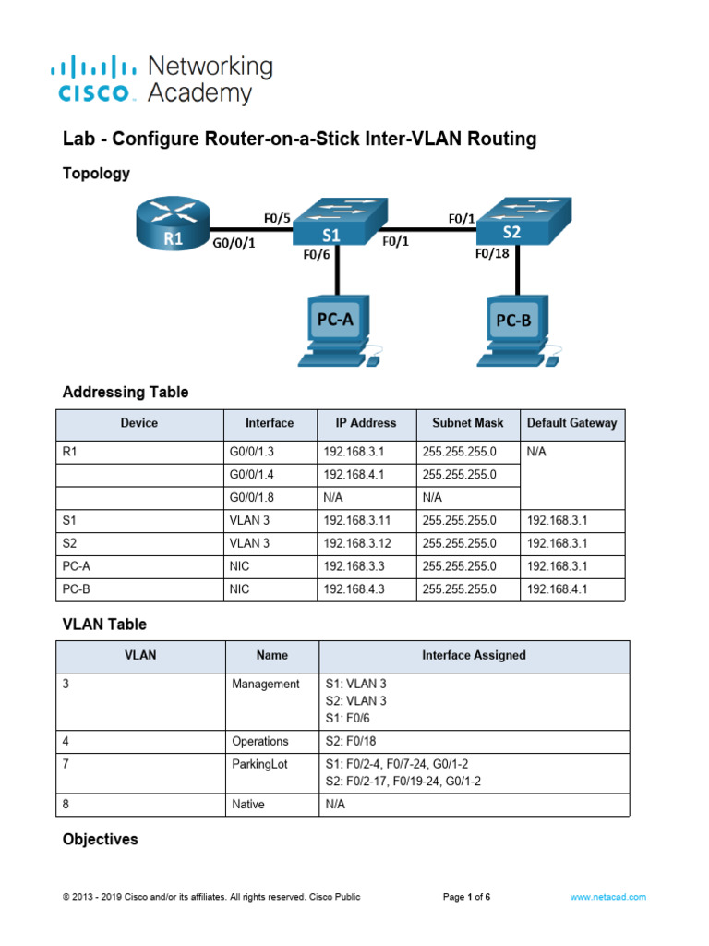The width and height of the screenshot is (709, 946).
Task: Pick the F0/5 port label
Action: coord(276,219)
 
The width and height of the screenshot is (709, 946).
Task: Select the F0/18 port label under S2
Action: coord(490,252)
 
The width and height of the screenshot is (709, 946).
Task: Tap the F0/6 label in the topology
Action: coord(317,256)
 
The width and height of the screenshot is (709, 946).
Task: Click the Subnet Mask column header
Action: coord(468,423)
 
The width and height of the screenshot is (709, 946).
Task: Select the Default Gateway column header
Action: coord(571,423)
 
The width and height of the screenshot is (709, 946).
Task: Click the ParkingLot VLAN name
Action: coord(260,765)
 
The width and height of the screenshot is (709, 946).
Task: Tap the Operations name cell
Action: coord(260,741)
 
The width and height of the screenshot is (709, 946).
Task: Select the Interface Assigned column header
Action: coord(474,655)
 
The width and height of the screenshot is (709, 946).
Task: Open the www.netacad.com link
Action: coord(607,897)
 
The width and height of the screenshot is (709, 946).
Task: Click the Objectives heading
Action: coord(100,840)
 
